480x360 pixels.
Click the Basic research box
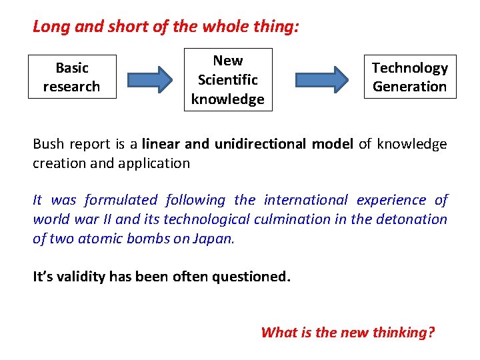tap(72, 77)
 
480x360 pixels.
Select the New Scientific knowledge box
tap(228, 79)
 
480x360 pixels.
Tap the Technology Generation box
tap(410, 77)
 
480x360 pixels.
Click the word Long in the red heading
tap(47, 27)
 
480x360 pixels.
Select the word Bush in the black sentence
tap(47, 144)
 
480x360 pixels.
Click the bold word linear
tap(160, 144)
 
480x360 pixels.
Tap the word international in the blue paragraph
tap(306, 200)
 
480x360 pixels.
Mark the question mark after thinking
tap(431, 332)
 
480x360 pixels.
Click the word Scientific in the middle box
tap(228, 80)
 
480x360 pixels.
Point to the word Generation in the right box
tap(410, 87)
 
